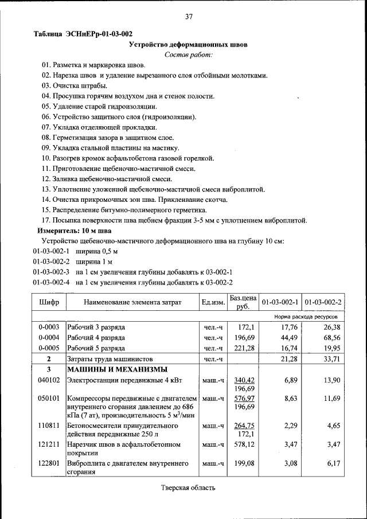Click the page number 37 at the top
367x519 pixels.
click(188, 17)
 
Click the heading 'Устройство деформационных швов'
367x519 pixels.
click(188, 44)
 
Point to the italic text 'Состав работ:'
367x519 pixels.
click(188, 54)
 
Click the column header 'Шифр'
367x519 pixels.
click(49, 302)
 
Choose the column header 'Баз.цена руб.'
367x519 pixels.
click(243, 302)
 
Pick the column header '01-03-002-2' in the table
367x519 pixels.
click(323, 302)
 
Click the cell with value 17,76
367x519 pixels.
click(288, 327)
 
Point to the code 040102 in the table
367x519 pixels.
click(49, 380)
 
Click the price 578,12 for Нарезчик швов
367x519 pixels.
click(244, 444)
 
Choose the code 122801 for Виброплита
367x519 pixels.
click(49, 463)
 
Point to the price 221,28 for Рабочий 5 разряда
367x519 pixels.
click(244, 348)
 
